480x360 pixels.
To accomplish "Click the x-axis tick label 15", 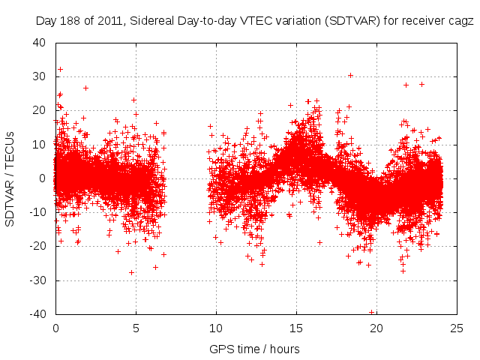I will pyautogui.click(x=296, y=328).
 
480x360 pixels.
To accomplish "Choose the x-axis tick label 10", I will pyautogui.click(x=216, y=328).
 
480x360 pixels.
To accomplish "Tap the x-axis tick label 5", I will pyautogui.click(x=136, y=328).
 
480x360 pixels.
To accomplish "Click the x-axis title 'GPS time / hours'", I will pyautogui.click(x=255, y=349).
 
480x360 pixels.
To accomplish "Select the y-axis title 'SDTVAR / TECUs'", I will pyautogui.click(x=10, y=178).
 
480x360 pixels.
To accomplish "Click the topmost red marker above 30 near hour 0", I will pyautogui.click(x=60, y=69).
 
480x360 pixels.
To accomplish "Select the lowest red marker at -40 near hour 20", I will pyautogui.click(x=371, y=312).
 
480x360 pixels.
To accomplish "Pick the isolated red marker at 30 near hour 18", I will pyautogui.click(x=350, y=75).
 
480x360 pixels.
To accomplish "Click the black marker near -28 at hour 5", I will pyautogui.click(x=131, y=272).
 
